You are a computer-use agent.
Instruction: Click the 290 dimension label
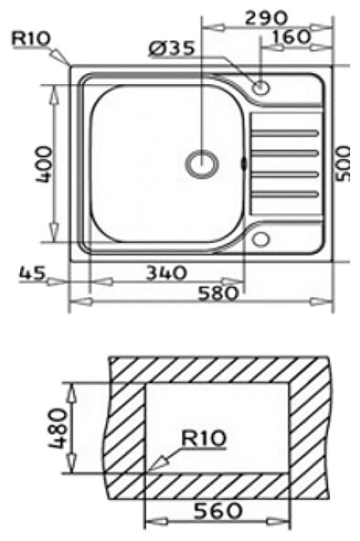pyautogui.click(x=266, y=18)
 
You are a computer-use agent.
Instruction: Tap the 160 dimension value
pyautogui.click(x=291, y=37)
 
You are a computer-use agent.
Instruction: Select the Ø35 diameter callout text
pyautogui.click(x=172, y=48)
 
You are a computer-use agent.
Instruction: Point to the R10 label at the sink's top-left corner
pyautogui.click(x=31, y=38)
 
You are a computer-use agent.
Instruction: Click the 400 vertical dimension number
pyautogui.click(x=45, y=164)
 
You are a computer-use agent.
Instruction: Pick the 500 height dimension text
pyautogui.click(x=343, y=164)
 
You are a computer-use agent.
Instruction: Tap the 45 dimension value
pyautogui.click(x=32, y=273)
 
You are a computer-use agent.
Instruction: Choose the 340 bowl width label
pyautogui.click(x=166, y=273)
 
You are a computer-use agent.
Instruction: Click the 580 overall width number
pyautogui.click(x=218, y=294)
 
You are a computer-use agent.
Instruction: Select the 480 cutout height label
pyautogui.click(x=58, y=429)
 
